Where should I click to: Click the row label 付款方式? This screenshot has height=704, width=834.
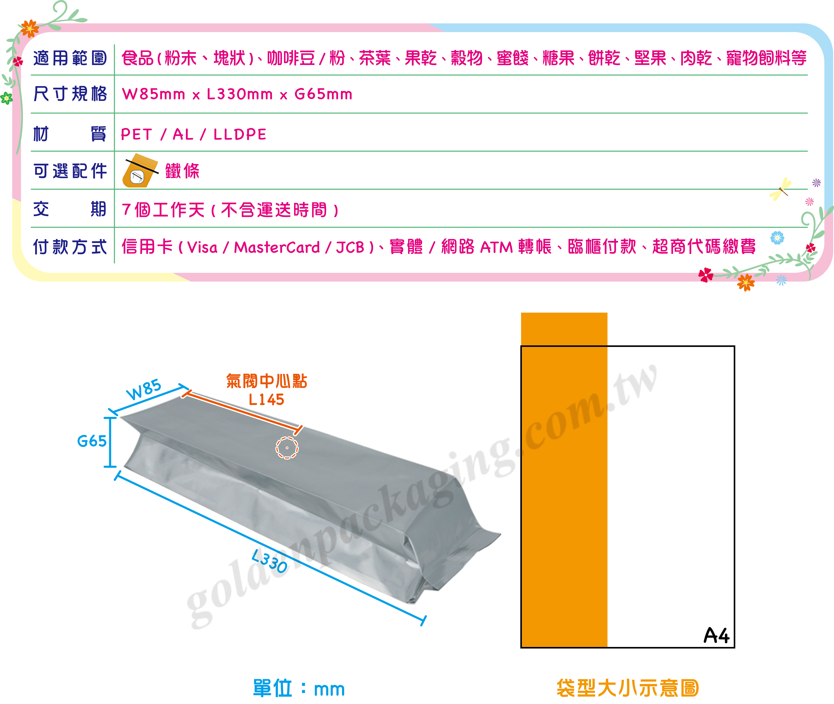(70, 247)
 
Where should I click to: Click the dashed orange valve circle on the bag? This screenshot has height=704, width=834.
(287, 448)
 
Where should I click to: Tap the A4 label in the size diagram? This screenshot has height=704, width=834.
(716, 635)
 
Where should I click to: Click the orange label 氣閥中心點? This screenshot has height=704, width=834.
(266, 381)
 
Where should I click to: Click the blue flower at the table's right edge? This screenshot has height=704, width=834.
(777, 238)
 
